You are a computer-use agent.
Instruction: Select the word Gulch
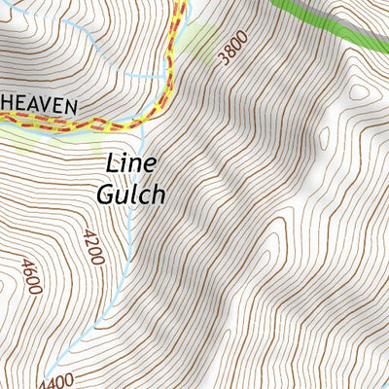click(131, 193)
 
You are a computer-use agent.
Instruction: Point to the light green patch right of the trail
click(199, 41)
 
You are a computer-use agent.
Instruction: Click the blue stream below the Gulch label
click(129, 243)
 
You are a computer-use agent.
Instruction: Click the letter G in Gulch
click(106, 193)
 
